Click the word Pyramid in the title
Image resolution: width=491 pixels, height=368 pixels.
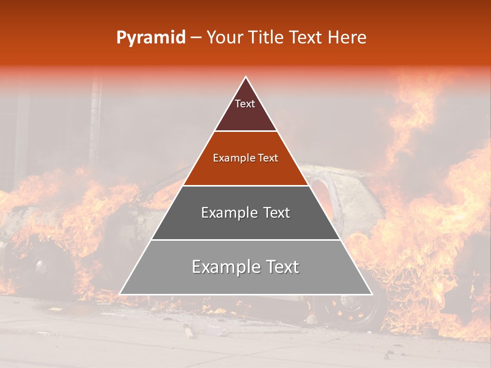(151, 37)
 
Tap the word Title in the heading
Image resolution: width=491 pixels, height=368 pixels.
(268, 37)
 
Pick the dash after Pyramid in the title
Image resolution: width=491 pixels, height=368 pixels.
(196, 38)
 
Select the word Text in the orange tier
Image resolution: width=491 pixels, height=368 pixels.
(269, 158)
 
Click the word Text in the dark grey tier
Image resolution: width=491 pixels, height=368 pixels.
(277, 213)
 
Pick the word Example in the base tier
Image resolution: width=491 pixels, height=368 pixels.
(226, 267)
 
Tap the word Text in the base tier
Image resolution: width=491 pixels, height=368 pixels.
(282, 267)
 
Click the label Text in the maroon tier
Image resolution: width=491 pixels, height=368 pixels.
(245, 104)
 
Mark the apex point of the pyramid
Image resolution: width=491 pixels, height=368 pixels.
(246, 77)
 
